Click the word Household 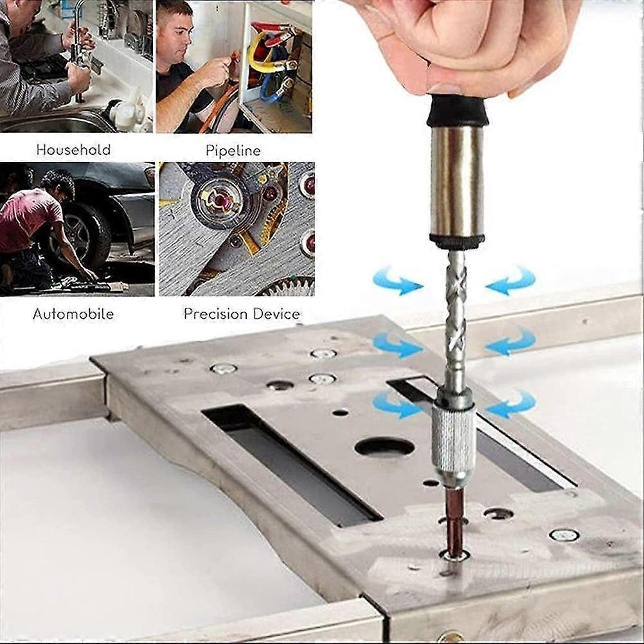[73, 150]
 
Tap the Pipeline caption [233, 151]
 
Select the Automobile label [73, 314]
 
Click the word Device [276, 314]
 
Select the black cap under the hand [457, 110]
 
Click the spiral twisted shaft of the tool [456, 315]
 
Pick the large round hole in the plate [384, 447]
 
